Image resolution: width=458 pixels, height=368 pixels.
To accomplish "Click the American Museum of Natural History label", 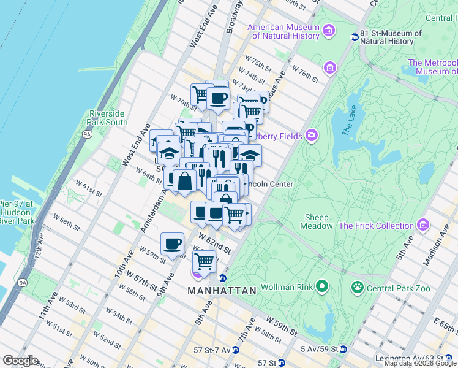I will (x=283, y=33).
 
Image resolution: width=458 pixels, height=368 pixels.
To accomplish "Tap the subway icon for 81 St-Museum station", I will (x=354, y=37).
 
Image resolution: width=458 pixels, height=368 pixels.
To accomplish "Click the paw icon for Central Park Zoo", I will (x=356, y=286).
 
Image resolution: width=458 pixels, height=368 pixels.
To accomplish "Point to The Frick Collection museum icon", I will (x=422, y=226).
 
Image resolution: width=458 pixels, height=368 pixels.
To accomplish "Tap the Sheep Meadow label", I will (x=317, y=221).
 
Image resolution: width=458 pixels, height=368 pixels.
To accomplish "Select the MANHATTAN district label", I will (x=222, y=291).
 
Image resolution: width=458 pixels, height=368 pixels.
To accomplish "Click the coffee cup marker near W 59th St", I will (x=172, y=243).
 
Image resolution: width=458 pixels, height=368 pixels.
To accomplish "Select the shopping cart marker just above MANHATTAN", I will (x=204, y=261).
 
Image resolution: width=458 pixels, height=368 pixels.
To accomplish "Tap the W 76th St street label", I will (x=306, y=74).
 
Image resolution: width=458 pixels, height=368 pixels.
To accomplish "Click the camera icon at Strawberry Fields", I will (x=312, y=135).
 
